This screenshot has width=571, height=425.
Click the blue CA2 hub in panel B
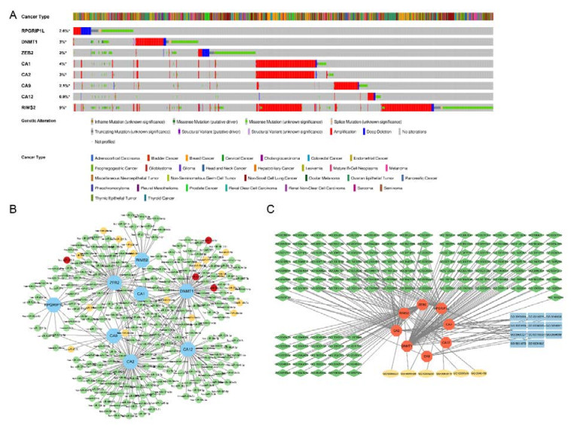tap(130, 362)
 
